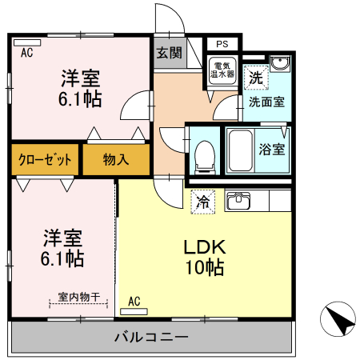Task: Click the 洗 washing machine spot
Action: (255, 78)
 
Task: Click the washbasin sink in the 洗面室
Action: (278, 65)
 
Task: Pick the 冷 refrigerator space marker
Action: (203, 202)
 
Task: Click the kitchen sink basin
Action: (238, 200)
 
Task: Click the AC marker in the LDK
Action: (134, 302)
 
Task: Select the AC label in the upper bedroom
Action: (26, 53)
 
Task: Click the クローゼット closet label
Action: (46, 159)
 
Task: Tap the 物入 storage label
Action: (116, 159)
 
